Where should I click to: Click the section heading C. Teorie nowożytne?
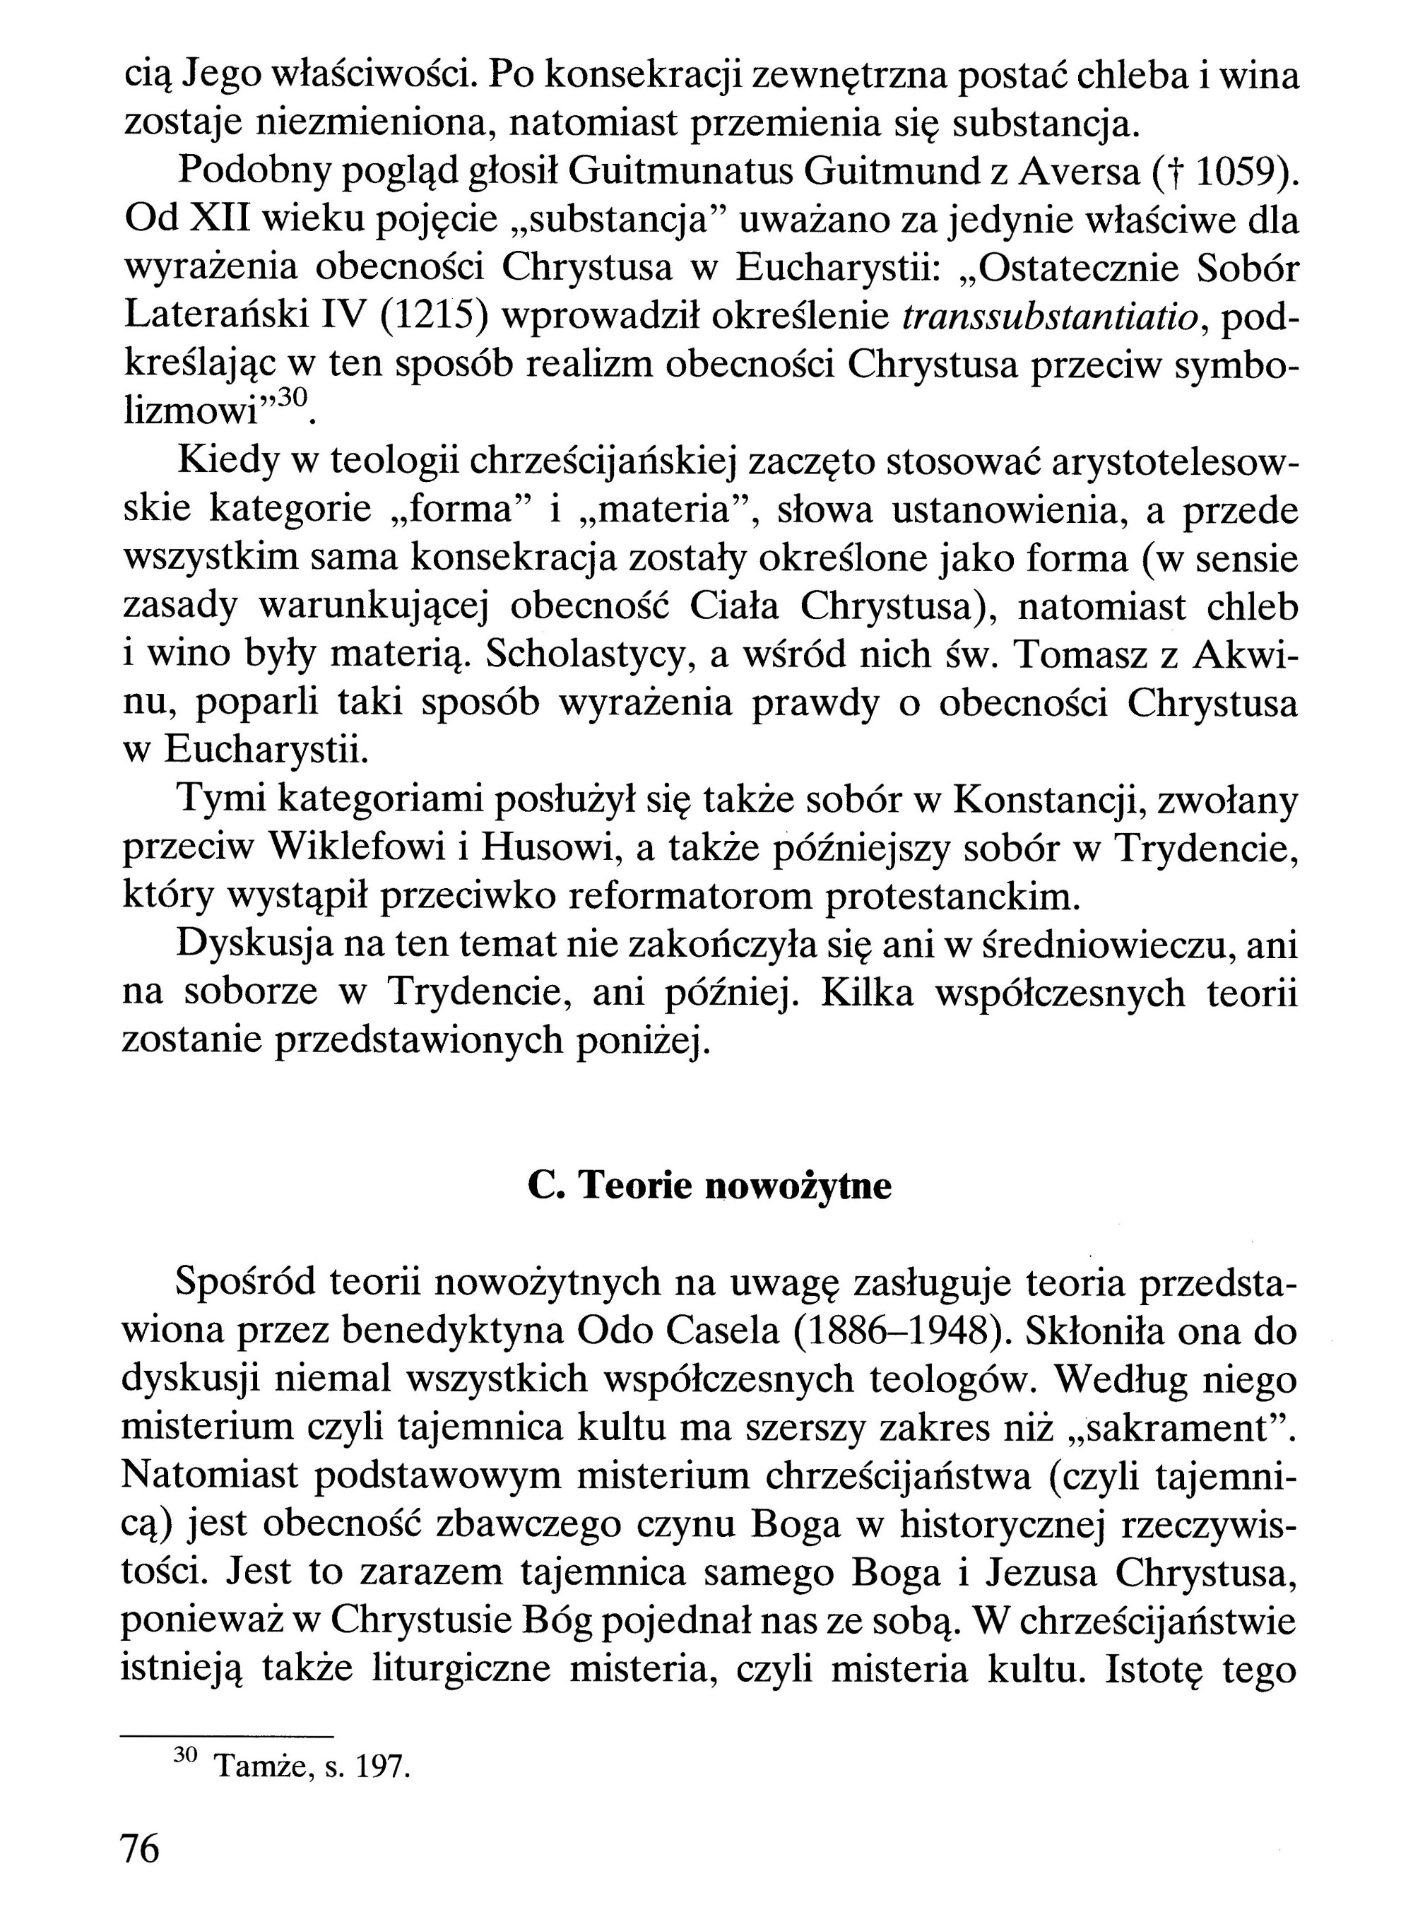pos(709,1186)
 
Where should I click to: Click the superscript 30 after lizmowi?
pos(291,397)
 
